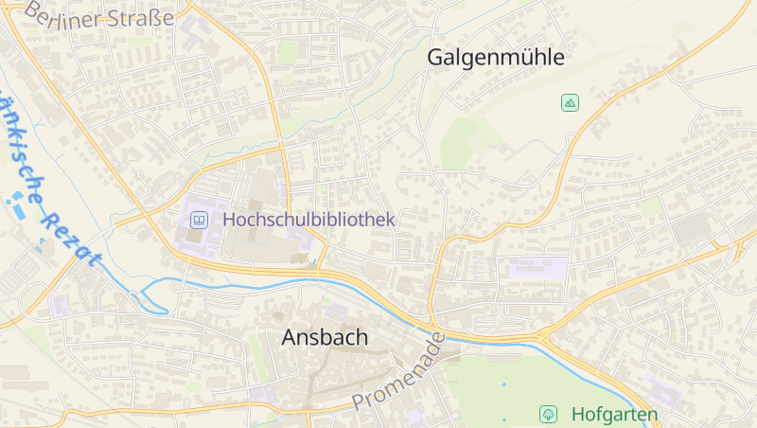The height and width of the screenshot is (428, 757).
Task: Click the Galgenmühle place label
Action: [x=495, y=57]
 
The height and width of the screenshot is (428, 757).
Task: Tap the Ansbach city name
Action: [x=325, y=337]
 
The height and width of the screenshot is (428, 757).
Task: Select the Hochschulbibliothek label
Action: [x=308, y=219]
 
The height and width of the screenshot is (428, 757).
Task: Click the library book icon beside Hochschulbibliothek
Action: [x=200, y=221]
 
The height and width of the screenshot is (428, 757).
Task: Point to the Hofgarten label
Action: [x=614, y=414]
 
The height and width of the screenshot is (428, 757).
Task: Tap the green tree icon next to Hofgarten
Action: [x=548, y=414]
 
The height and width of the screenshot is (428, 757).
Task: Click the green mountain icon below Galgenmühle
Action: [x=570, y=102]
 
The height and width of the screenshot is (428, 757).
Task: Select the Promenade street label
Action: [x=397, y=371]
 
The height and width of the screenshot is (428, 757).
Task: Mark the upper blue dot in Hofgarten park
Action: [x=503, y=384]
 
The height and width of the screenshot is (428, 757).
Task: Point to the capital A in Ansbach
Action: [x=290, y=337]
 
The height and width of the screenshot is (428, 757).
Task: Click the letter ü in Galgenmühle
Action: [x=523, y=57]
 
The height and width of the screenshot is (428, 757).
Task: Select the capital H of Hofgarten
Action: [x=578, y=414]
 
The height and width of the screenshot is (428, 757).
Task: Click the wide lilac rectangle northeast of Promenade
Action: [x=537, y=268]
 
